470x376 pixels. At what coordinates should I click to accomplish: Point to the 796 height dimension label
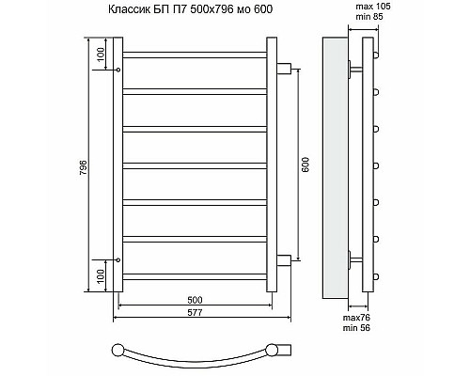point(85,167)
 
